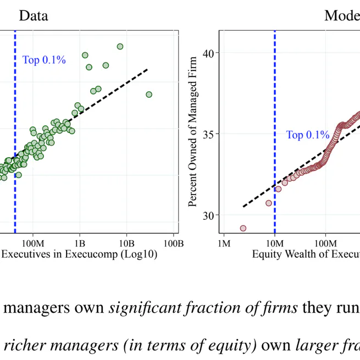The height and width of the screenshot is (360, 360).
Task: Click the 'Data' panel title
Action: click(x=33, y=15)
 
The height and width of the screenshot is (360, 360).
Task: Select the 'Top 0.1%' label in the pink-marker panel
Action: click(x=307, y=135)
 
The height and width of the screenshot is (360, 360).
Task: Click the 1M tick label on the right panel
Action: click(x=224, y=243)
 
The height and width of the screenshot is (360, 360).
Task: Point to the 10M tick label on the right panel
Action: click(x=274, y=243)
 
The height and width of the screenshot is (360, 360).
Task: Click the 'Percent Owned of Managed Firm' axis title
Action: click(x=192, y=134)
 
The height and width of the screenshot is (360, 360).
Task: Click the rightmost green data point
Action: click(x=149, y=95)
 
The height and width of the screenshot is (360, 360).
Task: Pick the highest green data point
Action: click(x=120, y=47)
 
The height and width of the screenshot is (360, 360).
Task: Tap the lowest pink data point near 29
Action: click(x=243, y=228)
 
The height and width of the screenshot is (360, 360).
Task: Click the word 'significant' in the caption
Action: click(x=139, y=307)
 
